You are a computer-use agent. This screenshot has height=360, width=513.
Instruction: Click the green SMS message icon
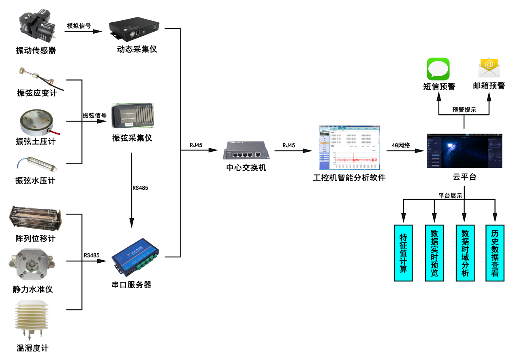[x=438, y=69]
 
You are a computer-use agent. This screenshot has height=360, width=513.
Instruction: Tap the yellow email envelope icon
[x=489, y=68]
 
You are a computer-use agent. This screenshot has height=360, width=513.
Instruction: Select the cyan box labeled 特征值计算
[x=403, y=253]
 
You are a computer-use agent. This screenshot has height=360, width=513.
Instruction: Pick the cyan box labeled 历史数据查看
[x=495, y=253]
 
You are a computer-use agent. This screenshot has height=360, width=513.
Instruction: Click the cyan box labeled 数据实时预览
[x=434, y=253]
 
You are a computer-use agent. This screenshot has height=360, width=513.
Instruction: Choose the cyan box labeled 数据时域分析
[x=465, y=253]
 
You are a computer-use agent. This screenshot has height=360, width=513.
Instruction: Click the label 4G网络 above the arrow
[x=401, y=145]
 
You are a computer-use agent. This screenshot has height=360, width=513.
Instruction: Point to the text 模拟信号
[x=79, y=26]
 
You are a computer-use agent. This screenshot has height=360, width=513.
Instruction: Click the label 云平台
[x=464, y=177]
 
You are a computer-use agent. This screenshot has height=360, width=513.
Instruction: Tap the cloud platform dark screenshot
[x=464, y=151]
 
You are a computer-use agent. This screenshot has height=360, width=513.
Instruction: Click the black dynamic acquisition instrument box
[x=135, y=31]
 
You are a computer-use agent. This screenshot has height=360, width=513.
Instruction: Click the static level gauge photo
[x=32, y=264]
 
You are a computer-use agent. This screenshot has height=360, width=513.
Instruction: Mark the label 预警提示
[x=464, y=110]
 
